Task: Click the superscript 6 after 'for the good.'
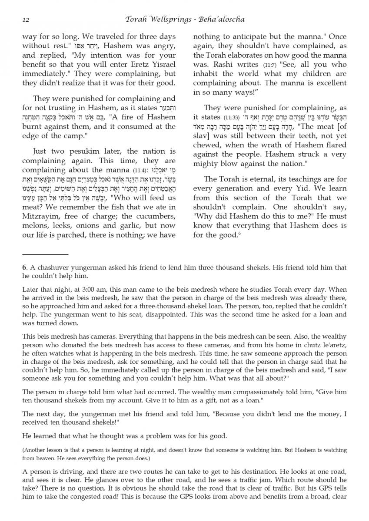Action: tap(239, 234)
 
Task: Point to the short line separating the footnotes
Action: tap(45, 254)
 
